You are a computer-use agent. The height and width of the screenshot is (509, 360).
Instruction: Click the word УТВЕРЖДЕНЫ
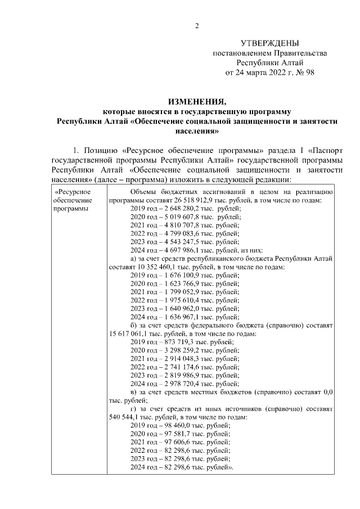(x=269, y=43)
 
